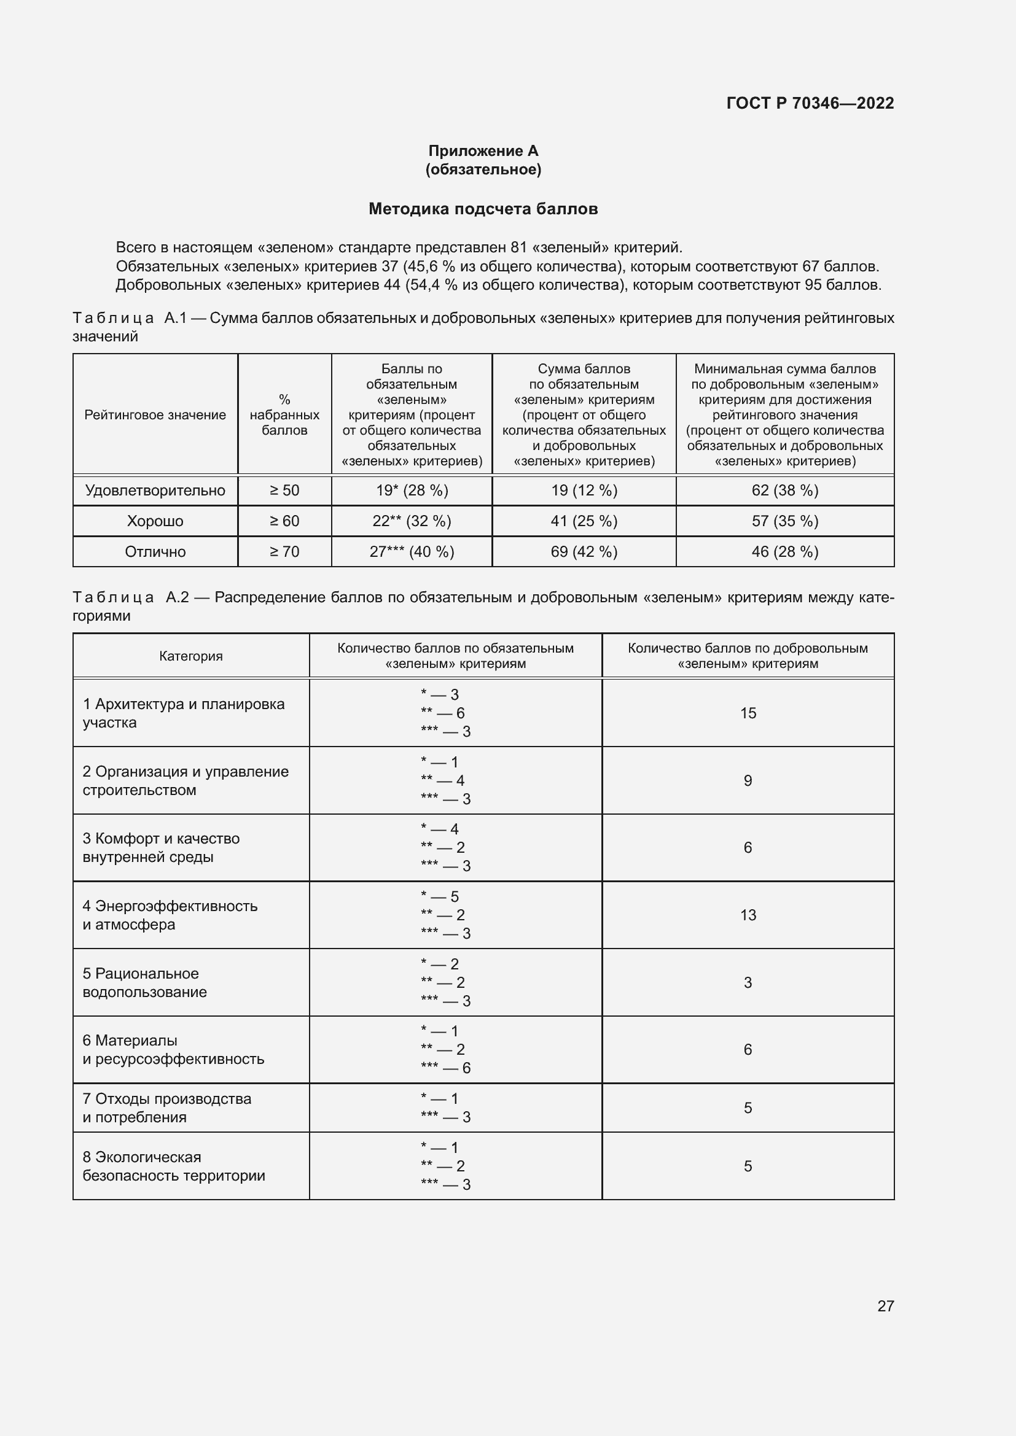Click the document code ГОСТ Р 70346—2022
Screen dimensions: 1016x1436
pyautogui.click(x=810, y=103)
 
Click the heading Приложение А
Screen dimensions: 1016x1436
pyautogui.click(x=483, y=151)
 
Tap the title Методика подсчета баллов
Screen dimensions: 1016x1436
pyautogui.click(x=483, y=209)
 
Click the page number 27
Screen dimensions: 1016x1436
pyautogui.click(x=885, y=1306)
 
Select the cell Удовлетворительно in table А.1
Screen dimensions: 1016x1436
pyautogui.click(x=155, y=491)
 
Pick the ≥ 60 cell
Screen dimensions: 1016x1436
pyautogui.click(x=284, y=521)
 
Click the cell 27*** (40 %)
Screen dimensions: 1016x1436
pyautogui.click(x=412, y=552)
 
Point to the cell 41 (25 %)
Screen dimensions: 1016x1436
pyautogui.click(x=584, y=521)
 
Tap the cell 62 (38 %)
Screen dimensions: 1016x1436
pyautogui.click(x=784, y=491)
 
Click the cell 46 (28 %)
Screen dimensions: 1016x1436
pyautogui.click(x=784, y=552)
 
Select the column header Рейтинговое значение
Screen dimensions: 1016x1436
pyautogui.click(x=155, y=414)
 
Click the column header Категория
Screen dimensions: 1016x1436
pyautogui.click(x=191, y=656)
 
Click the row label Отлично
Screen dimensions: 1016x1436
pyautogui.click(x=155, y=552)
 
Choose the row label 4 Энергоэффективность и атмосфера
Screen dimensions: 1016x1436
pyautogui.click(x=170, y=915)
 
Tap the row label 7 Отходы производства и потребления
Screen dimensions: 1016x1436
pyautogui.click(x=166, y=1108)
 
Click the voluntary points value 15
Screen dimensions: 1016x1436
pyautogui.click(x=748, y=713)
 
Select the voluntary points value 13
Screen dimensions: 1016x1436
pyautogui.click(x=748, y=915)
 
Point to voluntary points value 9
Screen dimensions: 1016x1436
pyautogui.click(x=748, y=780)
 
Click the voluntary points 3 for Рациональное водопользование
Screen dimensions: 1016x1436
pyautogui.click(x=748, y=982)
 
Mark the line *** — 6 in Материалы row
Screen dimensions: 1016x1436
pyautogui.click(x=445, y=1068)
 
